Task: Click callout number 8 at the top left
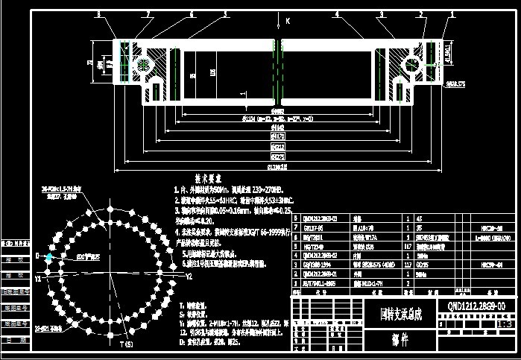(x=98, y=13)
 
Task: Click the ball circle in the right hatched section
(x=411, y=65)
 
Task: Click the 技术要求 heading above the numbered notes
(x=209, y=180)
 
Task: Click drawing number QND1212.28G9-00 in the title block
(x=476, y=306)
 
